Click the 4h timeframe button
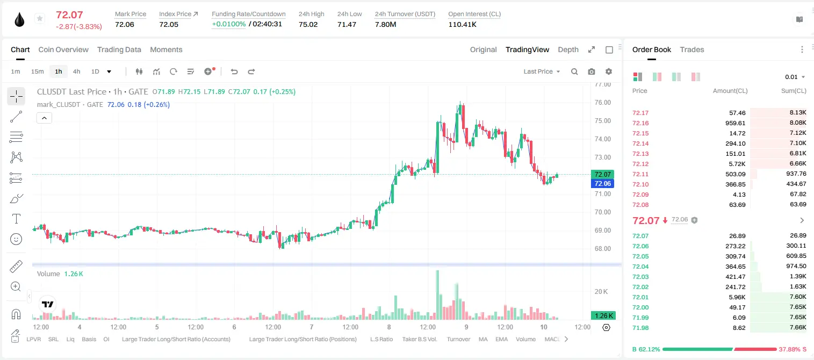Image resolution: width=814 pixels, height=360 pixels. [x=76, y=71]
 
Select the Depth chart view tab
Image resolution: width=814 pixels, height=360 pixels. [x=568, y=50]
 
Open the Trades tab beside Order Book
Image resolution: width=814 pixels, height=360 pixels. [x=692, y=50]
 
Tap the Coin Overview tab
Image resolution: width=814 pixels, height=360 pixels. [x=63, y=50]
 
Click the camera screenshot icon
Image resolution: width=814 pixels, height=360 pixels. [x=592, y=71]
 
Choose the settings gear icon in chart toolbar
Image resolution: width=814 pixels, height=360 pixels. [x=609, y=71]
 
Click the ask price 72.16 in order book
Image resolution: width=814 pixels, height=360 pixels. [x=640, y=123]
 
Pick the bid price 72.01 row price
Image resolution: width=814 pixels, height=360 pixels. [x=640, y=297]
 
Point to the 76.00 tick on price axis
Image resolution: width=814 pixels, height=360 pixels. [x=602, y=103]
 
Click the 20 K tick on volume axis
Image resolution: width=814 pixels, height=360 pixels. [x=601, y=292]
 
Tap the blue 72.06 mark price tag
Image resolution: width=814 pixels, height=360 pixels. [x=602, y=184]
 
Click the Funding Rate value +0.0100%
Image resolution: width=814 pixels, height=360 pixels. [x=228, y=24]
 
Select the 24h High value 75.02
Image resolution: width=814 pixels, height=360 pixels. [x=308, y=24]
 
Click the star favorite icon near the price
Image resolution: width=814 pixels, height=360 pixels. [x=40, y=18]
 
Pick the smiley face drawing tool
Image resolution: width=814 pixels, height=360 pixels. [x=16, y=239]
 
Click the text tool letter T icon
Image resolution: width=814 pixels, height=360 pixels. [x=16, y=219]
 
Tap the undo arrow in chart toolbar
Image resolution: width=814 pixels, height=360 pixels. [x=234, y=71]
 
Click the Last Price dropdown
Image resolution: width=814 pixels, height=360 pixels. [x=542, y=71]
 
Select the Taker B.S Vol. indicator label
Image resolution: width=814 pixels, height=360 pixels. [x=419, y=339]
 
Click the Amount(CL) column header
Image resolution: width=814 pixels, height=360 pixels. [x=730, y=91]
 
